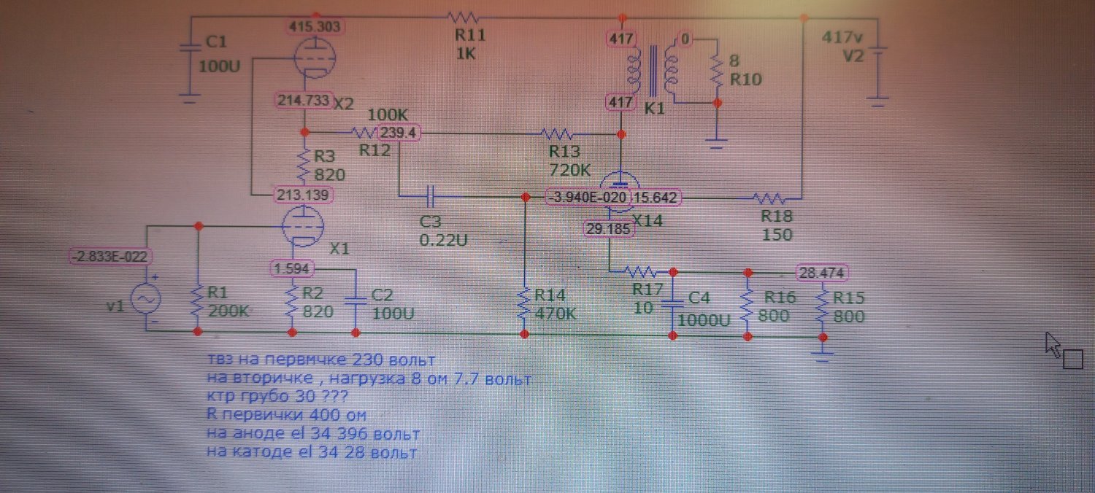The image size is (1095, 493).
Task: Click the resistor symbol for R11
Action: (x=462, y=16)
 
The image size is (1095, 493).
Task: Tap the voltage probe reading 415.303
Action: (x=315, y=26)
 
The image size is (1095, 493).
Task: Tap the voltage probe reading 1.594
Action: (x=293, y=268)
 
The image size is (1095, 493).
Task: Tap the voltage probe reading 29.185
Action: (x=610, y=229)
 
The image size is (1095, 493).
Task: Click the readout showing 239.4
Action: (x=399, y=133)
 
